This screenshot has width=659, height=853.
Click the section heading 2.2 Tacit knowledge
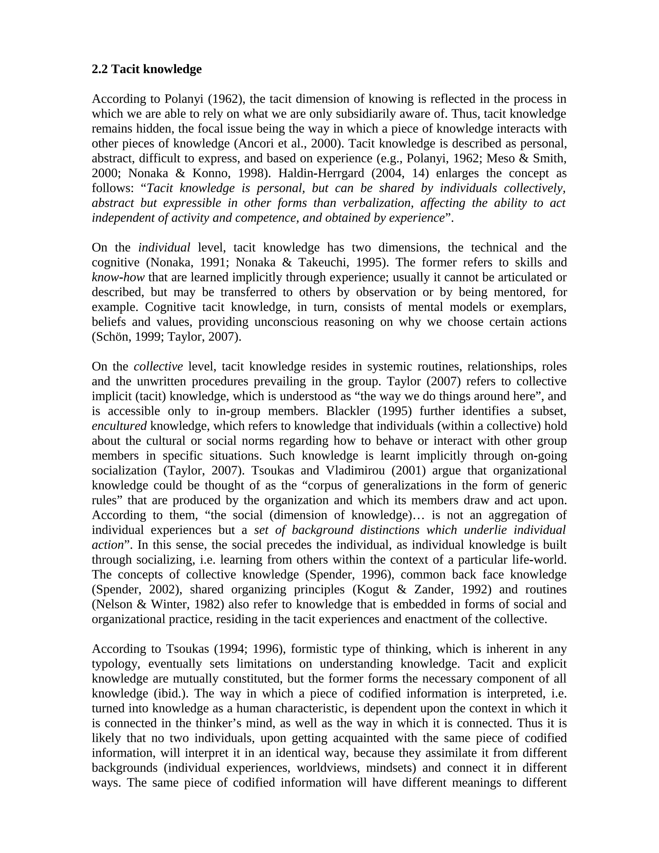click(146, 69)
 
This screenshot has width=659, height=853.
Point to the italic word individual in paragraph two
click(164, 248)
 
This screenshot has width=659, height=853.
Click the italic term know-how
click(118, 277)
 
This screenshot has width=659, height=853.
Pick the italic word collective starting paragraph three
click(158, 367)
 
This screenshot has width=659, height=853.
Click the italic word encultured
click(119, 426)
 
